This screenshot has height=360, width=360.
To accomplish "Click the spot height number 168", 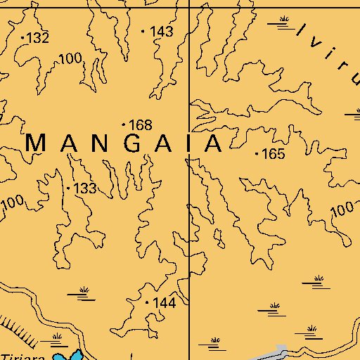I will pyautogui.click(x=141, y=125).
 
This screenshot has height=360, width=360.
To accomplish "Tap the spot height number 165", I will pyautogui.click(x=273, y=153).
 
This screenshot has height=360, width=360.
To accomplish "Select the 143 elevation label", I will pyautogui.click(x=162, y=32).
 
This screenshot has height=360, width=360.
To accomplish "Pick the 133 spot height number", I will pyautogui.click(x=84, y=188).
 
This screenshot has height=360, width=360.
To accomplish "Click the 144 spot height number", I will pyautogui.click(x=163, y=302).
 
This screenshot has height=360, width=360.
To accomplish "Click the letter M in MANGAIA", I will pyautogui.click(x=37, y=143).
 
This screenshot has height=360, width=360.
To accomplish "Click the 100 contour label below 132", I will pyautogui.click(x=70, y=58).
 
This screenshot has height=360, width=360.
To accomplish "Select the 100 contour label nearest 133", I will pyautogui.click(x=12, y=204).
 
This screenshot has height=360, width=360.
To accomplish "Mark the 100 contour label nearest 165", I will pyautogui.click(x=341, y=209).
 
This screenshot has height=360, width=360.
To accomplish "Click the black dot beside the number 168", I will pyautogui.click(x=124, y=124).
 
